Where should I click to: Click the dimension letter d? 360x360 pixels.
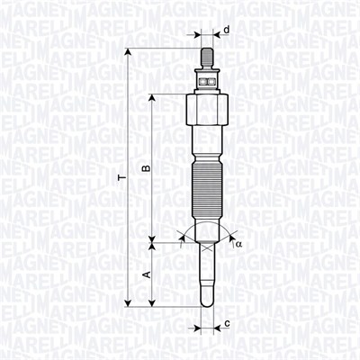(227, 30)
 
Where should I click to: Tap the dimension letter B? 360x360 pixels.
(145, 168)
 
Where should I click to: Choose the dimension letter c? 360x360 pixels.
(228, 323)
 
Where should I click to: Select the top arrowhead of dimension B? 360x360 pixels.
(154, 96)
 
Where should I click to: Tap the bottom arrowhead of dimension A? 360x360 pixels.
(154, 306)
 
